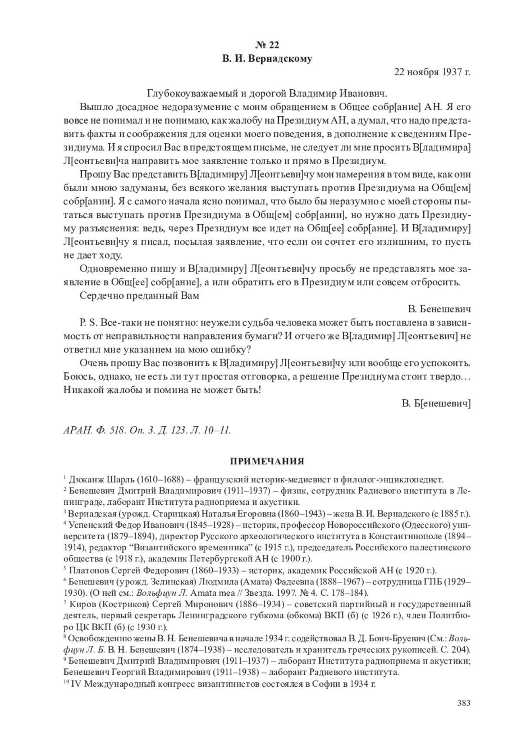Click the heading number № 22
click(x=267, y=45)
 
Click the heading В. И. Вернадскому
click(x=267, y=58)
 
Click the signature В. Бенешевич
click(x=440, y=309)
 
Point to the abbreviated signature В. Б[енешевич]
click(x=436, y=403)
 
